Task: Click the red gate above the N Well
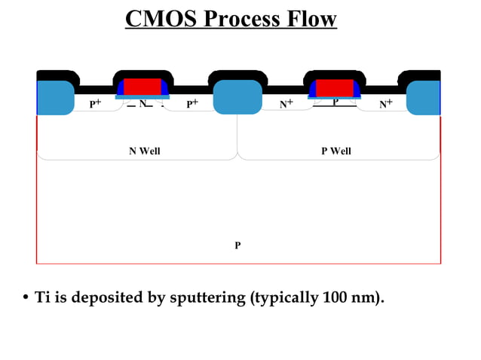click(142, 86)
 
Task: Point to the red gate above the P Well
click(335, 87)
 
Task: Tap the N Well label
click(145, 151)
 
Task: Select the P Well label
click(336, 151)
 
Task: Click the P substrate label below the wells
click(237, 246)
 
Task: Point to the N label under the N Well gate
click(142, 102)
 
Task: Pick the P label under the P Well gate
click(335, 101)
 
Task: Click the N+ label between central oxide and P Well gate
click(286, 105)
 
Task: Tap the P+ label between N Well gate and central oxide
click(192, 105)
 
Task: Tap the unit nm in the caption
click(365, 298)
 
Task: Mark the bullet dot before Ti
click(25, 298)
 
